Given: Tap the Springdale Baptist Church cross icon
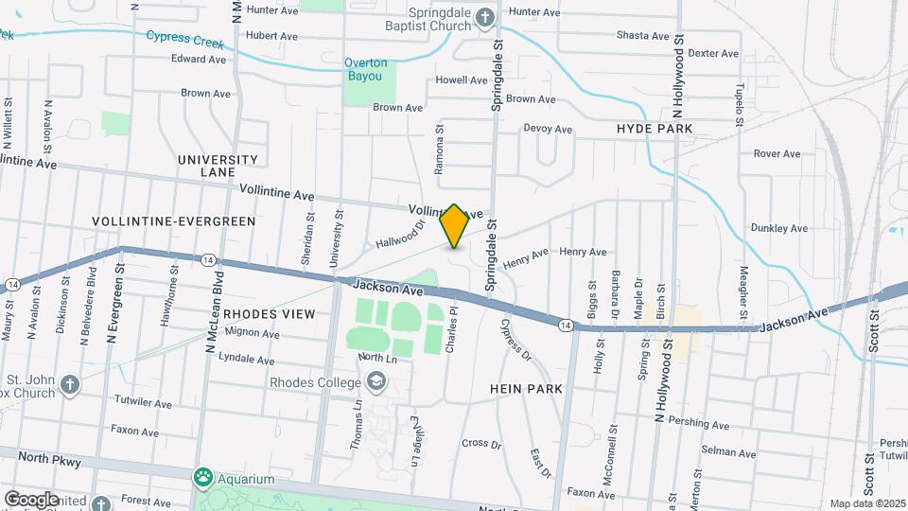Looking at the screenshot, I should coord(485,17).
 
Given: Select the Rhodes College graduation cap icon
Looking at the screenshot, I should coord(376,381).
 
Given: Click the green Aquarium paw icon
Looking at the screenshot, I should coord(202,474).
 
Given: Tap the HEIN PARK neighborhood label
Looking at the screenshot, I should coord(527,389).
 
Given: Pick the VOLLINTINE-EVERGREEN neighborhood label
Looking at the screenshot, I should coord(174,221).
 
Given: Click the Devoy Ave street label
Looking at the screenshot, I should coord(548,129).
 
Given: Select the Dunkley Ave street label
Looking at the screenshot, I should coord(778,228).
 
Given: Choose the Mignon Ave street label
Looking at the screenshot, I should coord(253,333).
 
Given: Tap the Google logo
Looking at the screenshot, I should coord(31,499).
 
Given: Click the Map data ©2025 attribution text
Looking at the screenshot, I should coord(865,503).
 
